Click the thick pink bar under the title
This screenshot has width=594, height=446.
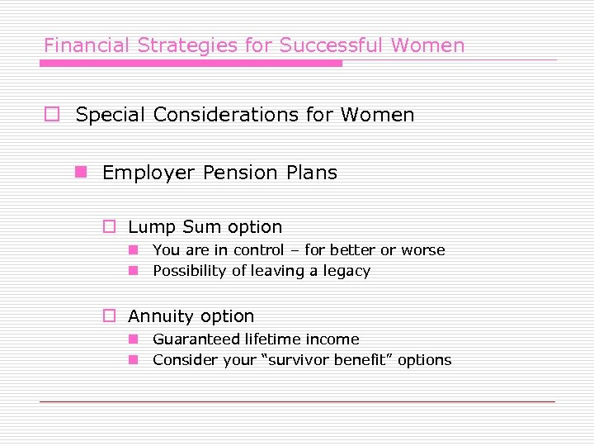click(x=192, y=63)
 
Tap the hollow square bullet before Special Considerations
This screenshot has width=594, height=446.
click(x=51, y=115)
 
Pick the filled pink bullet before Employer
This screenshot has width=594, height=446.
click(x=80, y=172)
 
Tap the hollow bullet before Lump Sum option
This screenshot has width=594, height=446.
click(x=108, y=227)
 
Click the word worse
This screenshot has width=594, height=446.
click(x=423, y=250)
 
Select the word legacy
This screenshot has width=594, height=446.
click(x=346, y=271)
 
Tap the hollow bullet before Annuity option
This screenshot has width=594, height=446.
click(x=108, y=316)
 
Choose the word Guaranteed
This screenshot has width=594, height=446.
click(x=194, y=339)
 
